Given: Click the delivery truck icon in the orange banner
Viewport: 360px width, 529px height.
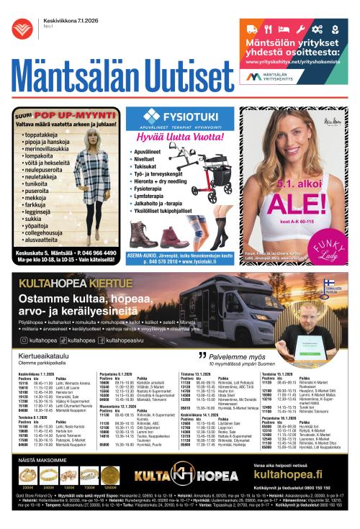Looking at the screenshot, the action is [252, 30].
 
